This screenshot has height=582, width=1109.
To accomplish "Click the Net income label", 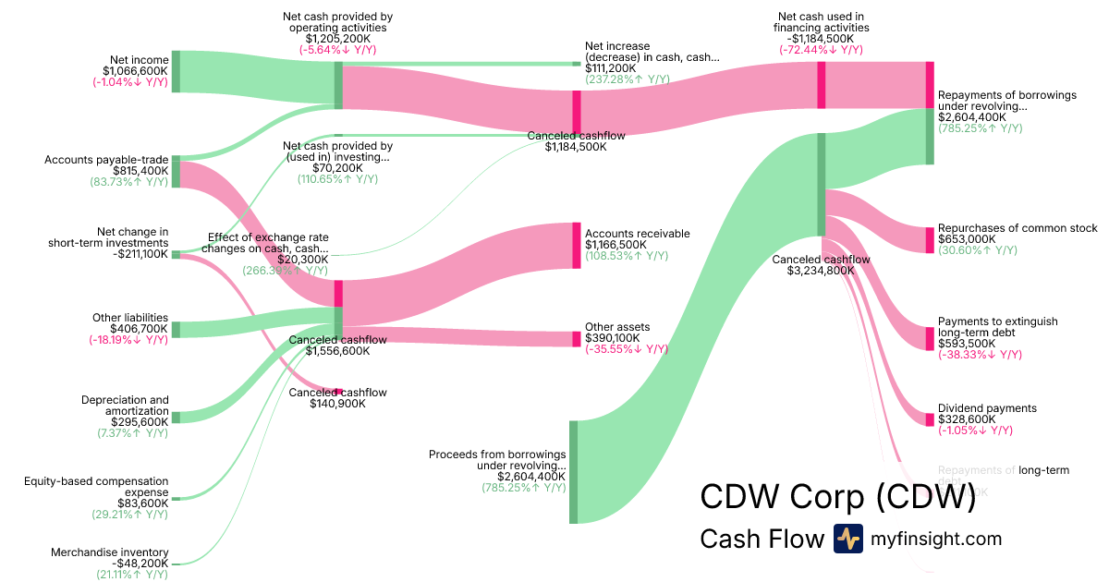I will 136,60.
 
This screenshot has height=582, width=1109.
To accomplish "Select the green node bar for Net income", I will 176,72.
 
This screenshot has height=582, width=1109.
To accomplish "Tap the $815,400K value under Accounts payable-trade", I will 140,171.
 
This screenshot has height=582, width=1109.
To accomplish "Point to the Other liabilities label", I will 130,318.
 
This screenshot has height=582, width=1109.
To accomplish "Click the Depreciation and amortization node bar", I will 176,418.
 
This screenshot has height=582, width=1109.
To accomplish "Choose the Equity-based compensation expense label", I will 96,487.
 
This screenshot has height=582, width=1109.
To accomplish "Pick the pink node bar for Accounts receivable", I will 577,246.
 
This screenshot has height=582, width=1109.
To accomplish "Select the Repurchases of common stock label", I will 1018,228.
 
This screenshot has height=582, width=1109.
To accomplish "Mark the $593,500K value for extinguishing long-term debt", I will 967,344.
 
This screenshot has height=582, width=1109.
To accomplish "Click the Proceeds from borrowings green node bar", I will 573,472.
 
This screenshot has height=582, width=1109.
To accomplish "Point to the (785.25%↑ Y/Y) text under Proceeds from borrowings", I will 524,488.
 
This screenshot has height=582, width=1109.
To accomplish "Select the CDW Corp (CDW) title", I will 837,496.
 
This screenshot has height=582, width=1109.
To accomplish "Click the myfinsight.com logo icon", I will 847,539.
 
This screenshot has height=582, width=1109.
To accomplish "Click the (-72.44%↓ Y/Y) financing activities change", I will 821,50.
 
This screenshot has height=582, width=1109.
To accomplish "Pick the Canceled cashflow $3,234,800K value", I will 821,271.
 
